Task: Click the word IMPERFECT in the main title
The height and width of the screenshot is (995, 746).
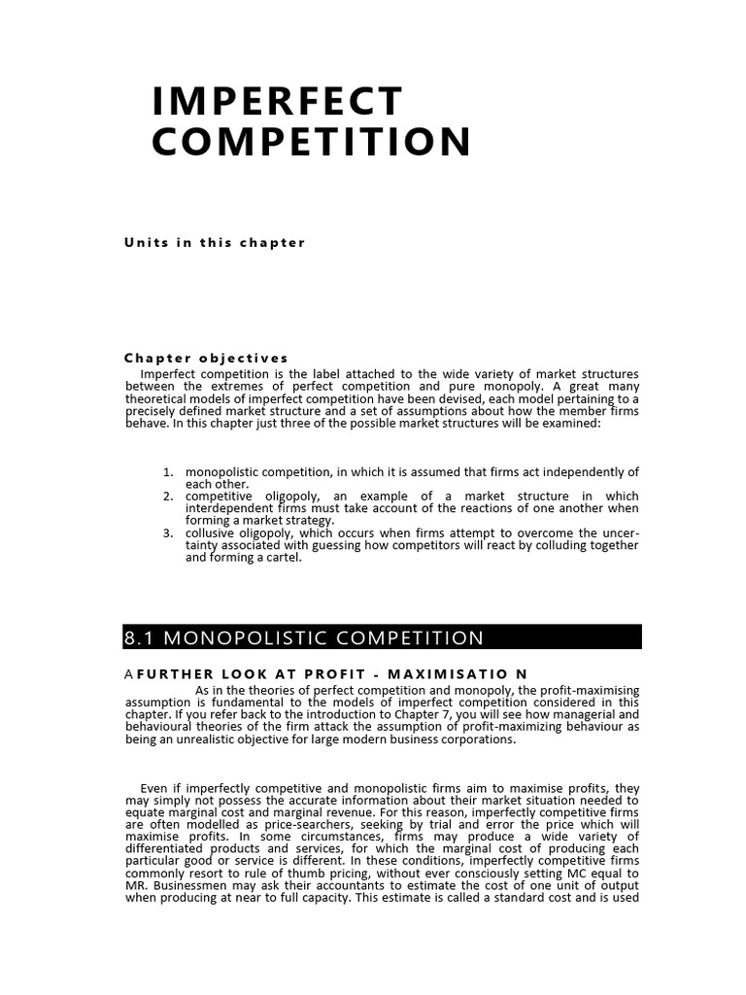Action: [277, 101]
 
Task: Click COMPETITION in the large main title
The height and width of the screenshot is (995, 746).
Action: [311, 142]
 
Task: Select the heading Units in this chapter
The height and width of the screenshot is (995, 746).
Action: [215, 243]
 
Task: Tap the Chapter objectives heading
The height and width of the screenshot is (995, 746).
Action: [206, 359]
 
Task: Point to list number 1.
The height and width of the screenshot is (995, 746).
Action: [168, 472]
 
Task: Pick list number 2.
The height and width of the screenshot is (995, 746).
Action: [168, 497]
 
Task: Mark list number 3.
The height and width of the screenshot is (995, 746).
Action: [168, 532]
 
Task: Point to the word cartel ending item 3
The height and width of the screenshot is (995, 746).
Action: [283, 558]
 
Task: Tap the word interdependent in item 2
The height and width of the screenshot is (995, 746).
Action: [229, 508]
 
